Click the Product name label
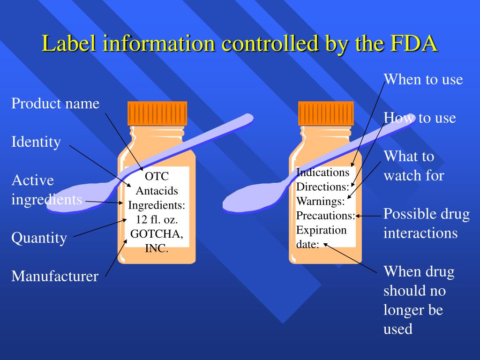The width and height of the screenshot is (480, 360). (x=55, y=103)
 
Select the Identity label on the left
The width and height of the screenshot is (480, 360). (x=36, y=142)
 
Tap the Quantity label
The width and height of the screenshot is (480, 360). (x=39, y=238)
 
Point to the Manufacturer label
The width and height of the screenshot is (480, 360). (x=55, y=276)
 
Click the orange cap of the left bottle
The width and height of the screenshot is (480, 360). (x=157, y=113)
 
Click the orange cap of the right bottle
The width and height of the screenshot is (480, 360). (x=326, y=113)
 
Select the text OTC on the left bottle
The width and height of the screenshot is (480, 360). (x=156, y=177)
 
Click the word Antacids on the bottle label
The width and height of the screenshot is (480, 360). (x=157, y=191)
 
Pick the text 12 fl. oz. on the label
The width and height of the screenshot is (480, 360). (x=157, y=220)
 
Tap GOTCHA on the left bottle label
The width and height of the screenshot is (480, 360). (x=157, y=234)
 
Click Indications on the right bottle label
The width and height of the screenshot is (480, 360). (x=323, y=172)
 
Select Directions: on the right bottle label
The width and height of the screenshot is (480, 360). (x=322, y=187)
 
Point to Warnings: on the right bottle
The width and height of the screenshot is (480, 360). (x=320, y=201)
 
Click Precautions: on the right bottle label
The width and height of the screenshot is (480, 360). (x=325, y=216)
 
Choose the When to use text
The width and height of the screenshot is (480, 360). (x=423, y=79)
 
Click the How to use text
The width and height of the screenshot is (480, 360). (x=420, y=118)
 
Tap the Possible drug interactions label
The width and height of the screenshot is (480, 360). (x=426, y=224)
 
